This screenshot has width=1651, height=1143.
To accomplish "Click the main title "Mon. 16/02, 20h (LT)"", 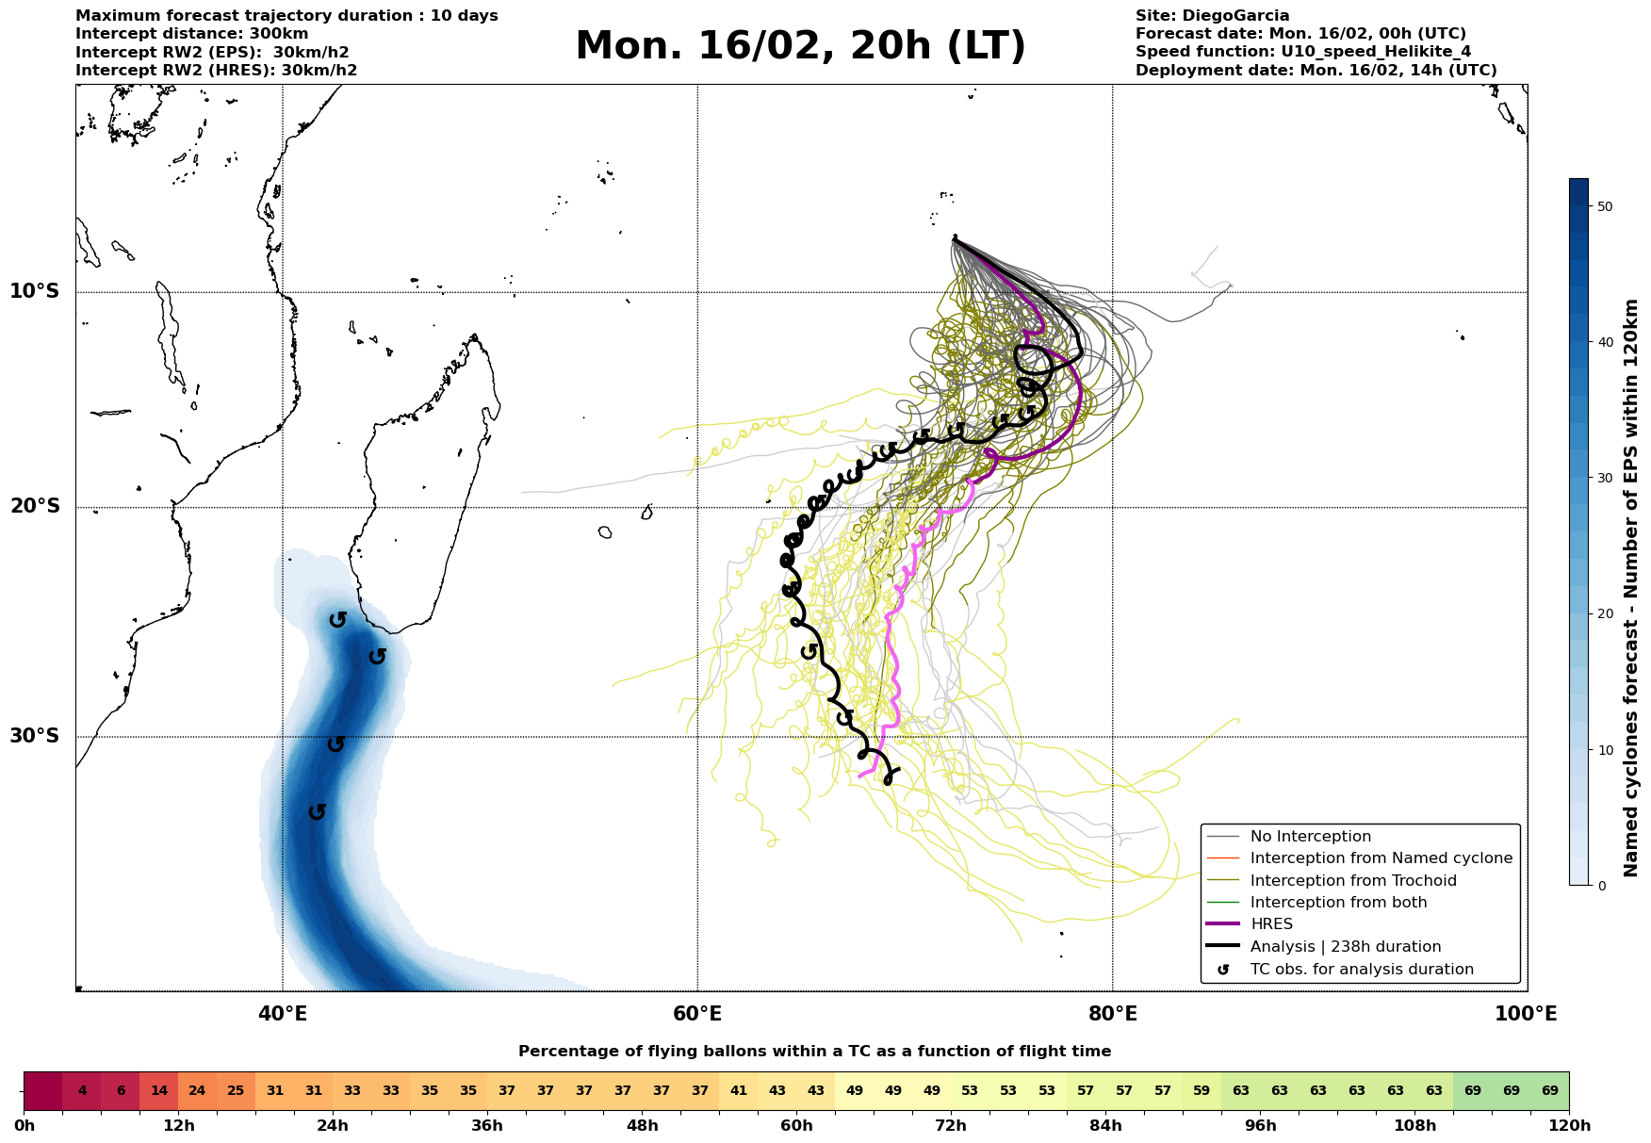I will point(800,46).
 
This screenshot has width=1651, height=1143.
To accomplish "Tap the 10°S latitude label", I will point(35,291).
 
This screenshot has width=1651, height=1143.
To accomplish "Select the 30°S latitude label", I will point(35,736).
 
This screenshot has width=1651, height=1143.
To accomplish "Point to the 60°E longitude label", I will point(697,1014).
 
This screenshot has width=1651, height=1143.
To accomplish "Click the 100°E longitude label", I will point(1527,1014).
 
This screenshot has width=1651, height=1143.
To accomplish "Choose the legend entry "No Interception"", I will point(1310,837).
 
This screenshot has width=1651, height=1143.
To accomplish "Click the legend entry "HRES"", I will point(1271,924).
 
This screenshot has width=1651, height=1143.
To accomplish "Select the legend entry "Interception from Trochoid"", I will point(1352,881).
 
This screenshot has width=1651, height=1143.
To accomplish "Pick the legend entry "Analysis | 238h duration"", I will point(1345,947).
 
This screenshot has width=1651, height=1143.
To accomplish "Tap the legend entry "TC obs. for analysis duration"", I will point(1361,970).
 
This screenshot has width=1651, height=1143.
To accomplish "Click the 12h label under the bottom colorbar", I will point(178,1126).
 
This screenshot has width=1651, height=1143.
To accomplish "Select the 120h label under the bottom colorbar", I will point(1569,1126).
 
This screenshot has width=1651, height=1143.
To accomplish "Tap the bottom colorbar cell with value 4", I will point(82,1091).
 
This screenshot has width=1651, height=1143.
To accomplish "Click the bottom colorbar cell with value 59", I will point(1201,1091).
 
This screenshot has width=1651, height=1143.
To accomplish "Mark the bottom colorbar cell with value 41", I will point(738,1091).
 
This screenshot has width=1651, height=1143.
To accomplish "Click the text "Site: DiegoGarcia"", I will point(1212,16).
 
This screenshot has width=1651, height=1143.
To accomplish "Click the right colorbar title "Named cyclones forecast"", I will point(1631,588).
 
